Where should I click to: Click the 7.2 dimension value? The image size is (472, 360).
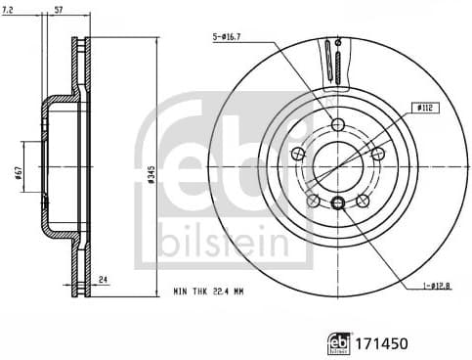(10, 9)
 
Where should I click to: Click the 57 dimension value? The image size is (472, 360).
(58, 9)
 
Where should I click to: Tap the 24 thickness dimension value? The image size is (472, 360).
(101, 280)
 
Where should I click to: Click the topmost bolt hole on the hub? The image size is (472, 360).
(337, 124)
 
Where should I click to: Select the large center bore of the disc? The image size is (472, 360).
(337, 164)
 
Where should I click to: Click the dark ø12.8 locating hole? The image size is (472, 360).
(337, 203)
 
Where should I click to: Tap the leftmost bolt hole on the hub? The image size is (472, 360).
(299, 152)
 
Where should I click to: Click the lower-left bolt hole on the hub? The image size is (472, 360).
(313, 200)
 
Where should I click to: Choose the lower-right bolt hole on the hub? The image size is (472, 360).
(362, 200)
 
